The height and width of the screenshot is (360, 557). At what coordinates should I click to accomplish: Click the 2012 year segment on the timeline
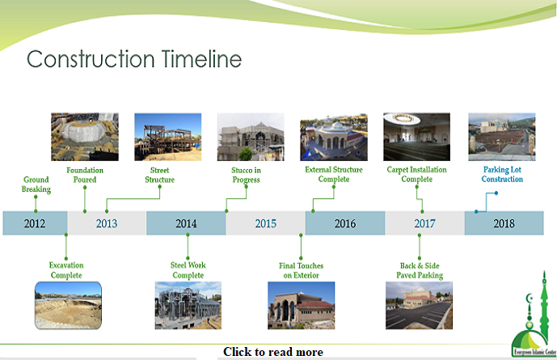tap(35, 223)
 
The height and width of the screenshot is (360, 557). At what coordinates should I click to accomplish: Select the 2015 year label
tap(265, 223)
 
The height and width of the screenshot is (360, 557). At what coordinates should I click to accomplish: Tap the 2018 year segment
tap(504, 223)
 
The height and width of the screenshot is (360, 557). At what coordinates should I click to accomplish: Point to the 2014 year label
tap(186, 223)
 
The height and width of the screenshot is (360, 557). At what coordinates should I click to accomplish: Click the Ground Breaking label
tap(36, 184)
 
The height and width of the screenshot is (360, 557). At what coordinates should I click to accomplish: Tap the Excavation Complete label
tap(66, 270)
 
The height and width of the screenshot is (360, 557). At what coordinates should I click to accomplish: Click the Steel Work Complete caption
tap(188, 270)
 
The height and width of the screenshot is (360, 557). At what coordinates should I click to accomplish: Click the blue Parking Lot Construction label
tap(504, 175)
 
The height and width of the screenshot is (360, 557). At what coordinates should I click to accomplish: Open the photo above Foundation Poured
tap(85, 137)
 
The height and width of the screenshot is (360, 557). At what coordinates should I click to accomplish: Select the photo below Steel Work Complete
tap(188, 305)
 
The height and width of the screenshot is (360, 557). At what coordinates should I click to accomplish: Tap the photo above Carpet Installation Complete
tap(416, 137)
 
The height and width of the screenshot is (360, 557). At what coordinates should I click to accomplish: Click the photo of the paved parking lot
tap(418, 305)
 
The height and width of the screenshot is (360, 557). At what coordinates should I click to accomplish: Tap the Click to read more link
tap(273, 352)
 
